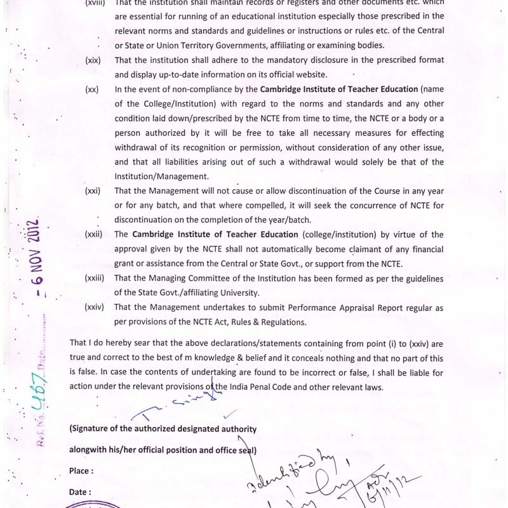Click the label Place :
click(81, 471)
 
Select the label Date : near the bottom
click(80, 491)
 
